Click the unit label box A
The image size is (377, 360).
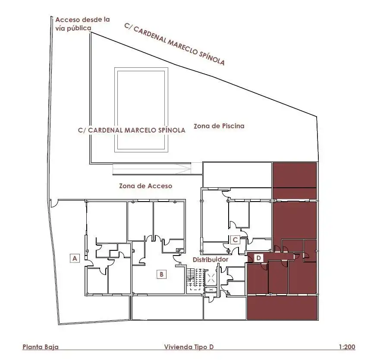75,258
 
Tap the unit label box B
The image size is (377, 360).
161,274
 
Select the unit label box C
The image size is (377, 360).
235,240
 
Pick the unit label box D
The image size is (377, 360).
258,258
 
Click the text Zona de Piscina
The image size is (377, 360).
219,126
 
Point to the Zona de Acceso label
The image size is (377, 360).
146,186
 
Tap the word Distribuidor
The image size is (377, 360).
210,259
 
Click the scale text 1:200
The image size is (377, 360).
347,347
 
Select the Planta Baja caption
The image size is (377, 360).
41,347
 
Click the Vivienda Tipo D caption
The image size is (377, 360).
189,347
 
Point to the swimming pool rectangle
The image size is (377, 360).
141,110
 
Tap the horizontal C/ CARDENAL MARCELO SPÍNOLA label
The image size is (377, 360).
132,130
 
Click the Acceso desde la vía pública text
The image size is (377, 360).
82,24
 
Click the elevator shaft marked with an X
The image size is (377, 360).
211,278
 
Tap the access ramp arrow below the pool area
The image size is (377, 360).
152,169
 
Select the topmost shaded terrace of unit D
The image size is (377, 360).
295,175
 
